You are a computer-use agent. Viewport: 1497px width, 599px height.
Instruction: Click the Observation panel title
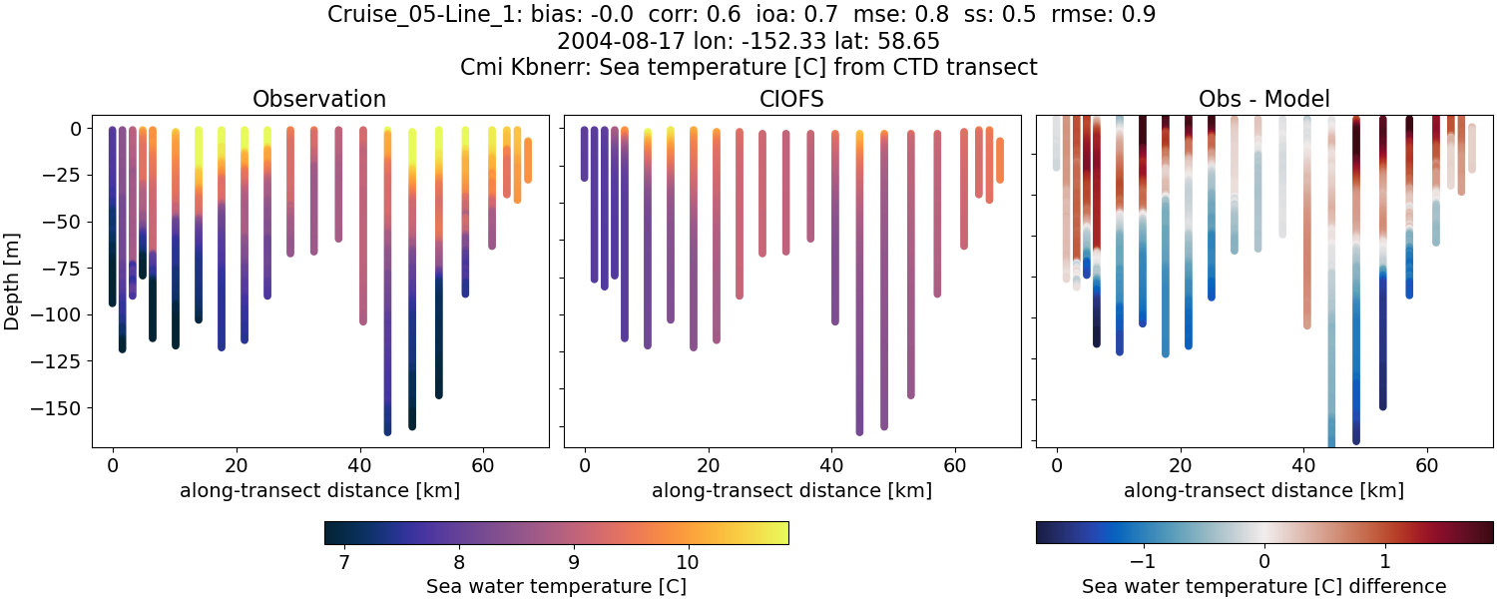[319, 99]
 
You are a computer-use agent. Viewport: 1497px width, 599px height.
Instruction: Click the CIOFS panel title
[791, 99]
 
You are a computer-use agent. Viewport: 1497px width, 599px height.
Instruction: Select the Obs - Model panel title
[1263, 99]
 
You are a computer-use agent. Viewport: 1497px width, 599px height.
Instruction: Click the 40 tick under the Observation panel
[359, 465]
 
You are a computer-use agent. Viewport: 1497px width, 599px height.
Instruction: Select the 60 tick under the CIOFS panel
[955, 465]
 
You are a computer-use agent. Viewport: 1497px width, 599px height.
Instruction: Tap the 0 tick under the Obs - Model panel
[1057, 465]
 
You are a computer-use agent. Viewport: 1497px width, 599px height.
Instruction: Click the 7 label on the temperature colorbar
[344, 562]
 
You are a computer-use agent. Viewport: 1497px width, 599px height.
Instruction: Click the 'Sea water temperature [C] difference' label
[1263, 586]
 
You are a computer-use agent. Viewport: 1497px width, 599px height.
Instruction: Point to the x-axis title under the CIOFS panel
[791, 490]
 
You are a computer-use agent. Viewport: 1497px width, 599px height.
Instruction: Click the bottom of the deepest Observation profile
[387, 431]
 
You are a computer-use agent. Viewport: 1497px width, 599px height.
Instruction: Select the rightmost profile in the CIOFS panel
[1000, 160]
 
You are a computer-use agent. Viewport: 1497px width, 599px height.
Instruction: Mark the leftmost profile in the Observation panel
[112, 215]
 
